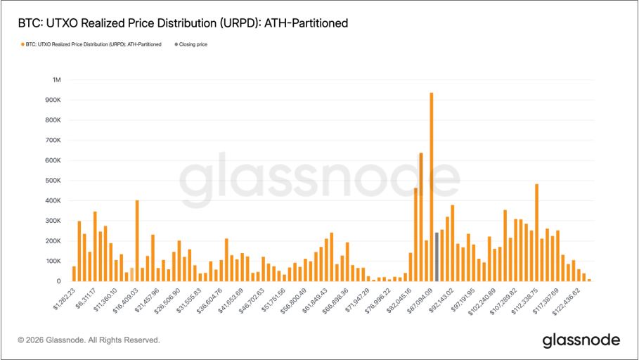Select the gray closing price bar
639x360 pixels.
pos(437,257)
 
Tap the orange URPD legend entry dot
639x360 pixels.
pos(22,44)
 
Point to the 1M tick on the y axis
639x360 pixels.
pos(56,80)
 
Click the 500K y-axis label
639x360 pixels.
pos(53,181)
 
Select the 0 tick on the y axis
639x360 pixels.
pos(59,281)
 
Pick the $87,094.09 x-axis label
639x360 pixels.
pos(424,297)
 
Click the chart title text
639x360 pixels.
pos(183,23)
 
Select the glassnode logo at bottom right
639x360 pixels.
pos(581,340)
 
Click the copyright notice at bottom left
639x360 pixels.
pos(89,340)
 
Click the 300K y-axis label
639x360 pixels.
pos(53,221)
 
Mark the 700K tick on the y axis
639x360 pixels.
pos(53,141)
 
